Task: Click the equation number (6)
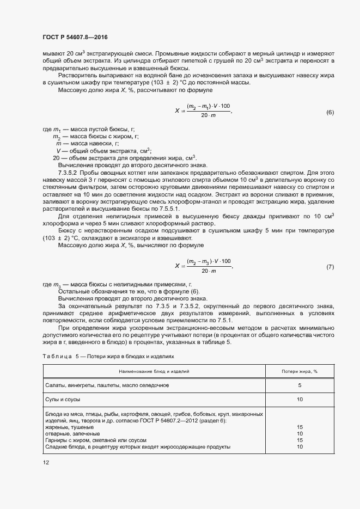pos(330,113)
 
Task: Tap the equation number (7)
pos(330,267)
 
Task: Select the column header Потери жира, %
pos(300,370)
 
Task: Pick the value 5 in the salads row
pos(300,385)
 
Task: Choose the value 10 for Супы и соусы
pos(300,400)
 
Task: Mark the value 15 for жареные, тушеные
pos(300,427)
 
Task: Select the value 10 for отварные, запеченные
pos(300,434)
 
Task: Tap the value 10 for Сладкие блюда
pos(300,447)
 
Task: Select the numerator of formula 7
pos(209,262)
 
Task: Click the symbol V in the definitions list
pos(58,150)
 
